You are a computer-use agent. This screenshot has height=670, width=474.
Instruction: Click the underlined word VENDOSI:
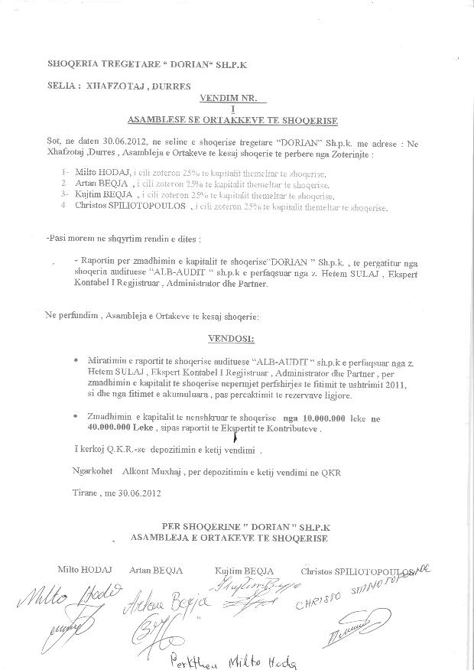[230, 337]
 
